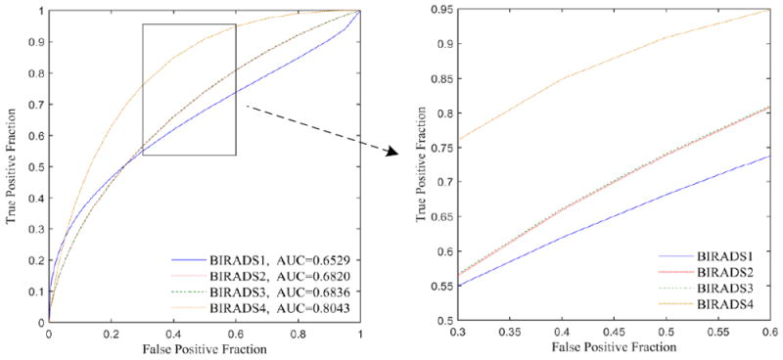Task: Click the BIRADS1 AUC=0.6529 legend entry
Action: [264, 261]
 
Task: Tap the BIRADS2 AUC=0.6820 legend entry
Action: [264, 276]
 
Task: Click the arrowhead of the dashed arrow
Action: [391, 152]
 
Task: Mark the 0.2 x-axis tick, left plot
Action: [111, 334]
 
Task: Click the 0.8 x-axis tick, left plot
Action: [299, 334]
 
